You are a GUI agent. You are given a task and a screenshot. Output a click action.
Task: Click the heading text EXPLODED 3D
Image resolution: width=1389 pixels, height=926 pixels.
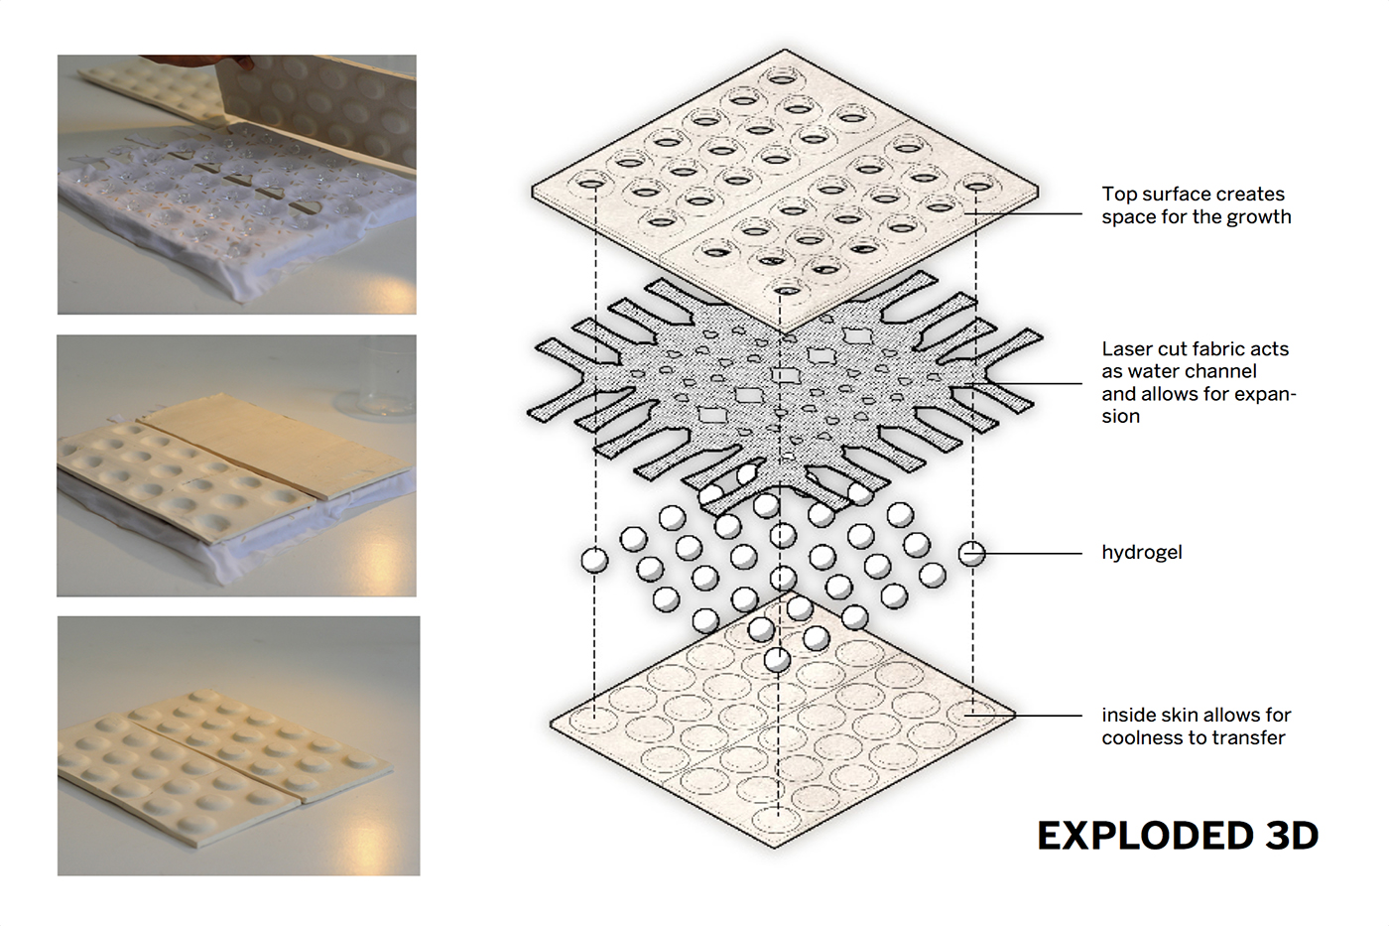[x=1178, y=836]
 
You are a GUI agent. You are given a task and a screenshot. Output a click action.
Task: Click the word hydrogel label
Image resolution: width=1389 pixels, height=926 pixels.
[x=1141, y=553]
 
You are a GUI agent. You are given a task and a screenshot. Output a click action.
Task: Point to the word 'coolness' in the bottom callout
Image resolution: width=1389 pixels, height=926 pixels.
[x=1141, y=738]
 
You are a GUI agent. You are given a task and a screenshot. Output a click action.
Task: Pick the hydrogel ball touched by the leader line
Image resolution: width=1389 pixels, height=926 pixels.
[x=972, y=553]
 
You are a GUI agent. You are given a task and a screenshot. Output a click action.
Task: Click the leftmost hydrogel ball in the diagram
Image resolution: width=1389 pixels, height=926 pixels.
[x=594, y=560]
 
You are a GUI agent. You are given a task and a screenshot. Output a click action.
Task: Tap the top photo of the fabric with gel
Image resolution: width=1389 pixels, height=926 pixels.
[x=236, y=185]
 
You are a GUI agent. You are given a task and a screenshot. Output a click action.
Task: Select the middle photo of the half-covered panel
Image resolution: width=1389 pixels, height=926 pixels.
[x=236, y=465]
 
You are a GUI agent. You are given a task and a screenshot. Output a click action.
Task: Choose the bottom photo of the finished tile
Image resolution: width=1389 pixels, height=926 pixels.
[x=238, y=745]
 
